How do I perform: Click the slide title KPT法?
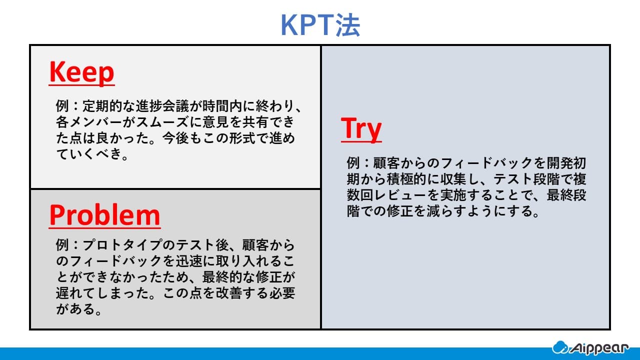[x=320, y=25]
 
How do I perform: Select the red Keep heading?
[x=81, y=72]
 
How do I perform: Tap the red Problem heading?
[x=104, y=215]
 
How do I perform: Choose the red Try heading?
[x=361, y=128]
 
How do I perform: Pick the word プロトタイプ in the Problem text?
[x=120, y=245]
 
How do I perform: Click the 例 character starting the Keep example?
[x=62, y=107]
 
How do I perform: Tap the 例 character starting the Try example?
[x=353, y=163]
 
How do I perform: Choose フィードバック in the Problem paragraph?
[x=114, y=261]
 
